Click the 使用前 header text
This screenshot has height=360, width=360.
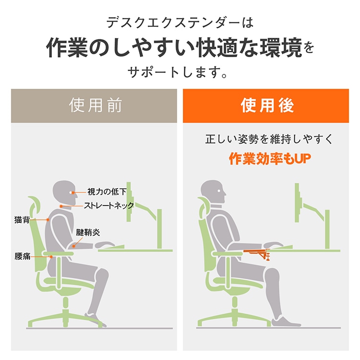[96, 106]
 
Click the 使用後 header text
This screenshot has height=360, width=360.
[267, 106]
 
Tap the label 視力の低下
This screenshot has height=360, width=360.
[107, 192]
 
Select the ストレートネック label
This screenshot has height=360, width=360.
[108, 205]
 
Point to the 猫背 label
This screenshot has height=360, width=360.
[22, 220]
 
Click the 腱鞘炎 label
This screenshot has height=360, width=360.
[88, 232]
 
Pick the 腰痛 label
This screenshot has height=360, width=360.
[22, 256]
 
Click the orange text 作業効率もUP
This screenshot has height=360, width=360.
[270, 159]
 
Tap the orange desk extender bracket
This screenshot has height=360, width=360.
[257, 254]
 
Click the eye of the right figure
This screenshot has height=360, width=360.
[218, 191]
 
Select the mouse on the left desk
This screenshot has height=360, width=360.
[105, 244]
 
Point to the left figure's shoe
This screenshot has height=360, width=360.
[96, 318]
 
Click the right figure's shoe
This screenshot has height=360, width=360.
[286, 321]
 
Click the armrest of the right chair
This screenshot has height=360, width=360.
[227, 253]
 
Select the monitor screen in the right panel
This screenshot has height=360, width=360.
[297, 203]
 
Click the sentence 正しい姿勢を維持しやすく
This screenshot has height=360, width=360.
[269, 139]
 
